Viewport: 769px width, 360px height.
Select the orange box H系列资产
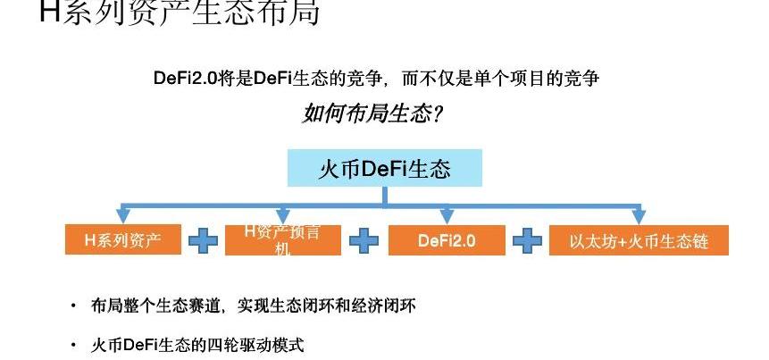[123, 240]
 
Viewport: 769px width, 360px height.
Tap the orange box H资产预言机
[283, 240]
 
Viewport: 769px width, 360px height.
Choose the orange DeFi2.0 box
[447, 240]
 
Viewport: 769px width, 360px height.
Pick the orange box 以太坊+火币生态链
[639, 240]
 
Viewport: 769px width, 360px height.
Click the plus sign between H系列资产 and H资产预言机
[203, 240]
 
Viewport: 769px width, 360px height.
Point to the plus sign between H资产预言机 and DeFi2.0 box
[364, 240]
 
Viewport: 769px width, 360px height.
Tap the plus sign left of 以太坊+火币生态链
[527, 240]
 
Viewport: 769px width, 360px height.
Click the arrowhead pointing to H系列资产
[123, 216]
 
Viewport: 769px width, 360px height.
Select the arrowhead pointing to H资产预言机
[283, 216]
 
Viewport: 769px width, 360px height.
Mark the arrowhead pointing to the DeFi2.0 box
[447, 216]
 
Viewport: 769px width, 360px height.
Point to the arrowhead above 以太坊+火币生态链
[639, 216]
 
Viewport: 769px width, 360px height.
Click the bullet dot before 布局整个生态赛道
[73, 306]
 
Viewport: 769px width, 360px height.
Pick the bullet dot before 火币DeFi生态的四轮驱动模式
[73, 345]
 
